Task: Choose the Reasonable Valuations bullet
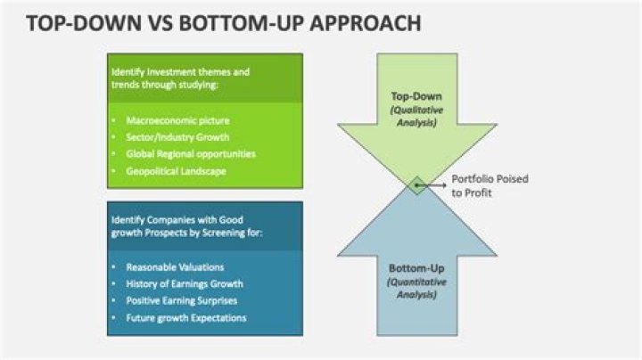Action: (x=174, y=266)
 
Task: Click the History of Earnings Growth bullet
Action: (x=184, y=283)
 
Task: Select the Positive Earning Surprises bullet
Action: (x=181, y=300)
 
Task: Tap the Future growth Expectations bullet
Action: (x=185, y=318)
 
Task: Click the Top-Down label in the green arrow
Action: (x=416, y=96)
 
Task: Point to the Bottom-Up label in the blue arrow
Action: (x=416, y=268)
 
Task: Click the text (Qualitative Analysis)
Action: (x=416, y=117)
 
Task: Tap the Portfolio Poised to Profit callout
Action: (x=490, y=185)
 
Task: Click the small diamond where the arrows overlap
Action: (x=416, y=184)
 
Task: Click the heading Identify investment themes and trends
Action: (x=180, y=77)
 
